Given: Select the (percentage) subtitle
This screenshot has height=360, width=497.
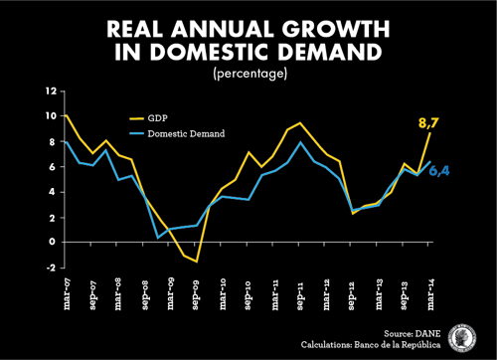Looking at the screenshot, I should pos(248,73).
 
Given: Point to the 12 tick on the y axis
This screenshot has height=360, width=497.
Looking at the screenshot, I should pos(49,91).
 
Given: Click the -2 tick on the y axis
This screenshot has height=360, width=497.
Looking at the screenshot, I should pos(49,268).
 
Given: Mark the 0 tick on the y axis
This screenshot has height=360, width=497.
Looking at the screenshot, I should pos(52,242).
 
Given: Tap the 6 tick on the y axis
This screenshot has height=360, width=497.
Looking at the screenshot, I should pos(52,167).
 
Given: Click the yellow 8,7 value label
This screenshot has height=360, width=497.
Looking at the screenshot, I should pos(428,123).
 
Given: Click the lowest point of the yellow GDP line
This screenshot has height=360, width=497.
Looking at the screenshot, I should pos(198,261).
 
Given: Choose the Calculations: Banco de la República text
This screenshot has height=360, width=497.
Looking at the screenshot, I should pos(372,345).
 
